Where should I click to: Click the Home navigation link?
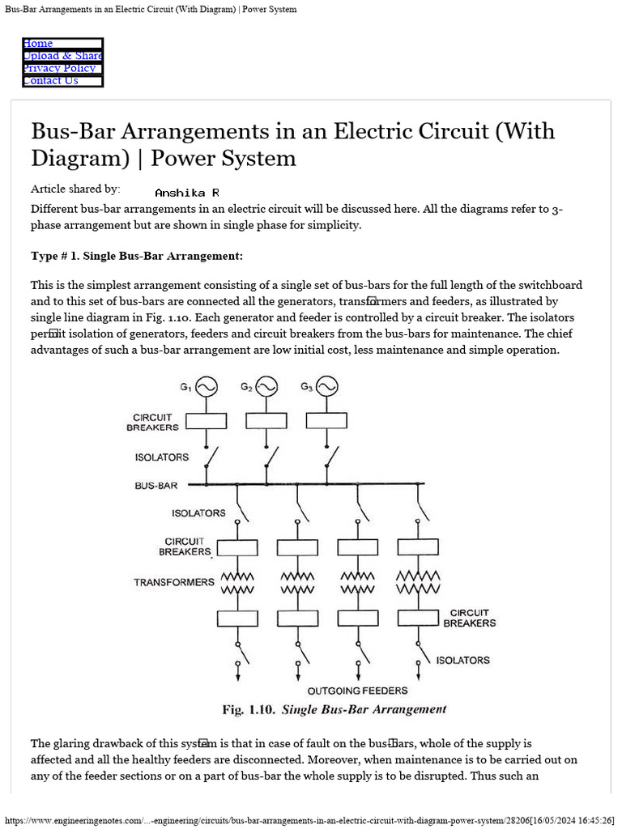pos(38,44)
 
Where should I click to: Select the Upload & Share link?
pos(62,56)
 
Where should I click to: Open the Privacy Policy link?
pos(59,68)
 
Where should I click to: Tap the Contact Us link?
pos(50,80)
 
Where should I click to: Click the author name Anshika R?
pos(186,193)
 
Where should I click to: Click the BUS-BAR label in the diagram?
pos(155,486)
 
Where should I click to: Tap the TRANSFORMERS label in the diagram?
pos(174,582)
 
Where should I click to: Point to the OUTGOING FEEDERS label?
pos(357,691)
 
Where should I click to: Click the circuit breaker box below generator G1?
pos(206,420)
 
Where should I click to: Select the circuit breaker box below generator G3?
pos(327,420)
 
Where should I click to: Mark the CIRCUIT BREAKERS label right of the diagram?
pos(469,619)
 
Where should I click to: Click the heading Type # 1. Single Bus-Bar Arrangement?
pos(136,257)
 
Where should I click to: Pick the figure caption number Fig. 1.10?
pos(249,710)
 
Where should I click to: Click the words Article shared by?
pos(75,189)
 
